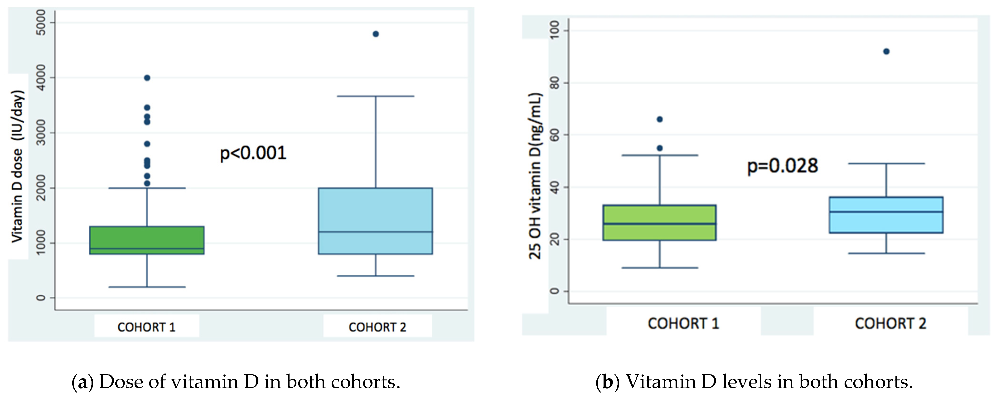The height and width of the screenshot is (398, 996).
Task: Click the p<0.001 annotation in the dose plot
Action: (x=253, y=153)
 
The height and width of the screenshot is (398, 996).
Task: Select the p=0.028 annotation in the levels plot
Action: (x=782, y=166)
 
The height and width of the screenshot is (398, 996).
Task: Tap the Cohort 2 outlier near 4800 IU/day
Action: (x=375, y=34)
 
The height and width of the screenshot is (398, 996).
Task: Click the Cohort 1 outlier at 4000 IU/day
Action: (x=147, y=78)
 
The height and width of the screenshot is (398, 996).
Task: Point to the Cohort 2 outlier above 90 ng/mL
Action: (x=886, y=51)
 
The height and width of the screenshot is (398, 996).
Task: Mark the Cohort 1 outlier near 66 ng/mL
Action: (x=660, y=119)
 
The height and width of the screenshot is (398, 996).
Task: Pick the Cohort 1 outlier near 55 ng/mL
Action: (x=660, y=148)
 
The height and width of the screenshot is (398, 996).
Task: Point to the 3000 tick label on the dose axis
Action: (x=41, y=133)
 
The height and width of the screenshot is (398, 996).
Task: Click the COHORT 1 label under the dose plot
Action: (x=146, y=327)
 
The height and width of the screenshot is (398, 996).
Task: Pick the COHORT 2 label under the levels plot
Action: (x=890, y=323)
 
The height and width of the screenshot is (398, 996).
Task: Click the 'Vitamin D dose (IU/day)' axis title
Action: (x=17, y=166)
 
